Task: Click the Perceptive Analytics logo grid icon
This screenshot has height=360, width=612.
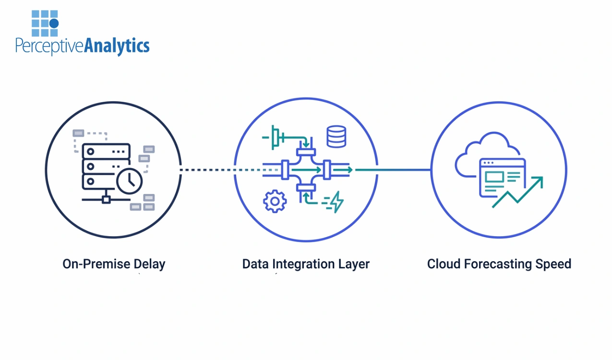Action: (x=45, y=23)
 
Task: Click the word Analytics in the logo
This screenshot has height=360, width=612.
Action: (x=117, y=46)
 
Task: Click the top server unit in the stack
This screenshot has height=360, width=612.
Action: (x=106, y=151)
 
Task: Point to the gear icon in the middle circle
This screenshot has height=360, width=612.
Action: (x=275, y=202)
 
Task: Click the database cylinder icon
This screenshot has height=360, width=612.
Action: (x=336, y=136)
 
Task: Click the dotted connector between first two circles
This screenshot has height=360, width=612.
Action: (x=207, y=170)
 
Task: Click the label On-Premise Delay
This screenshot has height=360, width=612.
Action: (x=114, y=264)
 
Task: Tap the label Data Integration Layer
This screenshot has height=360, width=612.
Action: (x=306, y=264)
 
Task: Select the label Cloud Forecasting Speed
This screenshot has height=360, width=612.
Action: (x=499, y=264)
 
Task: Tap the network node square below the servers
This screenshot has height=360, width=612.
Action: (x=106, y=199)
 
